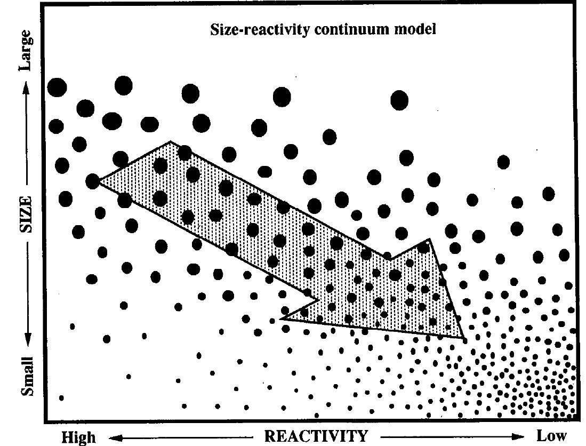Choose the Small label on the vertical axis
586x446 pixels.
[27, 376]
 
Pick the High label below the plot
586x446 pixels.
[78, 437]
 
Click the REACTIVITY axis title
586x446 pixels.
[316, 436]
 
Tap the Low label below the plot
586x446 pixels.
[551, 436]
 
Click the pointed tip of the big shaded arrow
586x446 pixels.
[463, 337]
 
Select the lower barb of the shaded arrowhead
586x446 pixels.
[283, 318]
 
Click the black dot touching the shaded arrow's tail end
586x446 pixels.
[93, 181]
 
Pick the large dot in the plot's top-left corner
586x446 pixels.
[57, 87]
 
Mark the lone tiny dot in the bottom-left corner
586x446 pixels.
[61, 398]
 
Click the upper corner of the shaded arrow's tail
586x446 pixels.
[171, 142]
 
